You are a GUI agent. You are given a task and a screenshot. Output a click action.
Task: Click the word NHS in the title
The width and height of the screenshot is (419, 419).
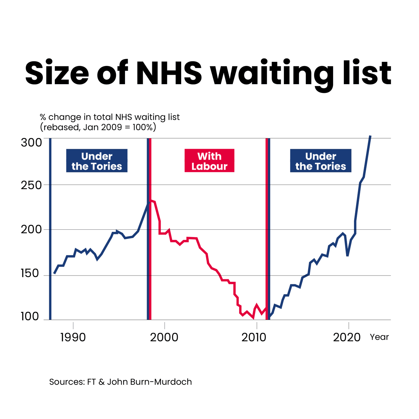coord(169,73)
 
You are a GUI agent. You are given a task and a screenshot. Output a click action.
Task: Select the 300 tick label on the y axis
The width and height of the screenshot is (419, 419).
coord(31,142)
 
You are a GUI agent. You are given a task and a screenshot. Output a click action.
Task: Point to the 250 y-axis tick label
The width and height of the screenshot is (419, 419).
coord(31,185)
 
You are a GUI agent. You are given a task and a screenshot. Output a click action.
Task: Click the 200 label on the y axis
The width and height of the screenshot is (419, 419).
coord(31,230)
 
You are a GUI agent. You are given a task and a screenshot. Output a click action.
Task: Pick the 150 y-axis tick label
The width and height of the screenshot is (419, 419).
coord(31,273)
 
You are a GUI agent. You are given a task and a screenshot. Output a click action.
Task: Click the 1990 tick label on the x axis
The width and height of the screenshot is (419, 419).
coord(73,337)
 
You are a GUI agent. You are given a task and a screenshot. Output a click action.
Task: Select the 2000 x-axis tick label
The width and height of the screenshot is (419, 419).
coord(164,337)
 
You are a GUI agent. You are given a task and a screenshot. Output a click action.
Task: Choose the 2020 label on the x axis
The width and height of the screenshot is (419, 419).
coord(347,337)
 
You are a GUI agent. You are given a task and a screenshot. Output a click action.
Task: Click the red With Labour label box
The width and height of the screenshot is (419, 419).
coord(209,161)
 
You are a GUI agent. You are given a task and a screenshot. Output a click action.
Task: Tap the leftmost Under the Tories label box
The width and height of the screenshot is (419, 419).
coord(97,161)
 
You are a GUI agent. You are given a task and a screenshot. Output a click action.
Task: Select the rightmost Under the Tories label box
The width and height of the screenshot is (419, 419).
coord(321,161)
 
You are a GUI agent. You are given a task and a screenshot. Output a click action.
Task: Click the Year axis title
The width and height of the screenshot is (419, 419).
coord(379,337)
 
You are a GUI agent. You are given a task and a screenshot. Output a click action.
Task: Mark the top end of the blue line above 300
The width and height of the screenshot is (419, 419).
coord(370,136)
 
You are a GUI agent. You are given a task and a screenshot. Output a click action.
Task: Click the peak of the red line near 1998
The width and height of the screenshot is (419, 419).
coord(151,201)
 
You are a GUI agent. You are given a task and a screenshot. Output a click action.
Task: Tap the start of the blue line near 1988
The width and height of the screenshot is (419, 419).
coord(54,273)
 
